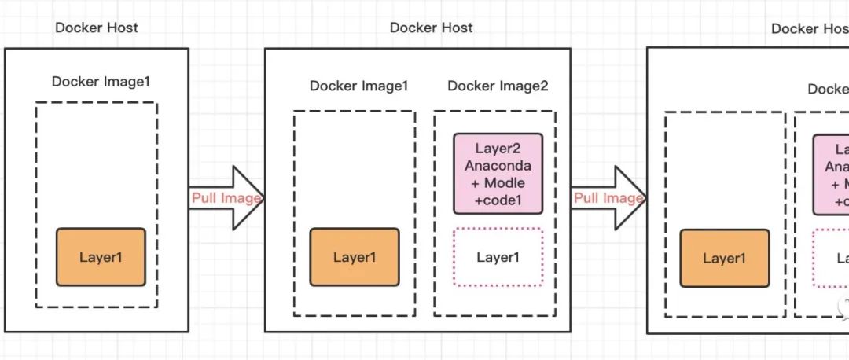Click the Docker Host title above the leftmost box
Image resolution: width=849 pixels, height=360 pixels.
pos(96,28)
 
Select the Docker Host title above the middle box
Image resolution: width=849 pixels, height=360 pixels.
pos(431,28)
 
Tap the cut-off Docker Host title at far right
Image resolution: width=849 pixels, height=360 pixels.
pos(809,28)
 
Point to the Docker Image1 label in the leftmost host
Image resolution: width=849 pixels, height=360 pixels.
pos(101,81)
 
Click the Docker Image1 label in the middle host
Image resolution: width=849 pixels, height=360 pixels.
pos(358,86)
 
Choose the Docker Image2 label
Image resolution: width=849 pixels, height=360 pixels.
pos(498,86)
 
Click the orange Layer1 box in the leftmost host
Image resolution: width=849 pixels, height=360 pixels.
pos(101,257)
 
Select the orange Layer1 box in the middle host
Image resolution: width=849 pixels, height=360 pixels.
pos(354,257)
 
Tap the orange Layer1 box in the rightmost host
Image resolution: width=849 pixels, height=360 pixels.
pos(724,258)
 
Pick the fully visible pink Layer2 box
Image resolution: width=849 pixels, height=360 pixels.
pos(498,174)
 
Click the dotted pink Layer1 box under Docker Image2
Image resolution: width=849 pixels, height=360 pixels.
pos(498,257)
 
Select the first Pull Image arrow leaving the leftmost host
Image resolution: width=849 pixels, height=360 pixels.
pos(226,198)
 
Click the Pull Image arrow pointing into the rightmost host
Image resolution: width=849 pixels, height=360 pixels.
pos(608,198)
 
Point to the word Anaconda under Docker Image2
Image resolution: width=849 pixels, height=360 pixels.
pos(498,165)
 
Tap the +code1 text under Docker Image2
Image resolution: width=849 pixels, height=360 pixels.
pos(498,200)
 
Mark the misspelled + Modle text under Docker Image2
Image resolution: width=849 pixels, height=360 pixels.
pos(498,182)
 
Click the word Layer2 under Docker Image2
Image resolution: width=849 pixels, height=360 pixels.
pos(498,148)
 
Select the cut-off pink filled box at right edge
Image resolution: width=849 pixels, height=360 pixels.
pos(831,174)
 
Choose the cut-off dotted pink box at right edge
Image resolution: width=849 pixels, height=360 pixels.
pos(831,258)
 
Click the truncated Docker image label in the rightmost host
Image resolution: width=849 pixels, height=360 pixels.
pos(828,89)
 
